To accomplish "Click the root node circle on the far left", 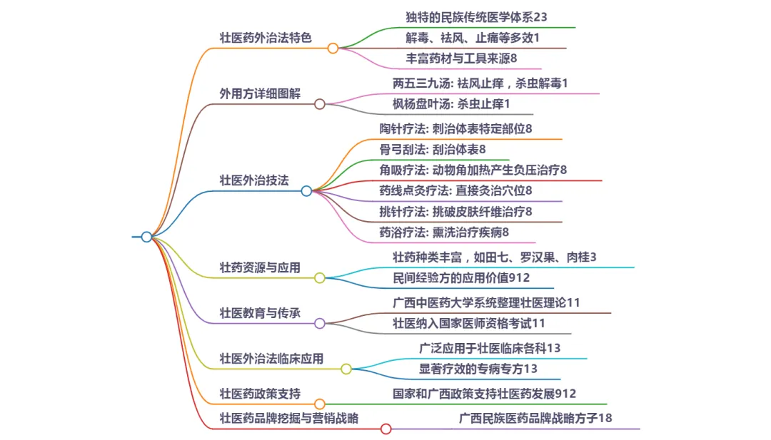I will tap(146, 237).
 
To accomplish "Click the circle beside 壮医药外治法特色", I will tap(333, 48).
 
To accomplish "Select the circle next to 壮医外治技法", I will tap(306, 191).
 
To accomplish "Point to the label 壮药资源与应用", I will tap(260, 267).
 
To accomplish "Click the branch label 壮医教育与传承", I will tap(260, 312).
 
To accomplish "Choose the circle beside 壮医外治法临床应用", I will tap(346, 369).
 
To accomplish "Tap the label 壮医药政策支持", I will tap(260, 394).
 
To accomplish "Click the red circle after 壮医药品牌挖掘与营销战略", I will tap(385, 429).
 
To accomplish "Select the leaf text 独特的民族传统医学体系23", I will tap(475, 16).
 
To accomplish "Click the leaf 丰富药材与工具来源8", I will tap(461, 58).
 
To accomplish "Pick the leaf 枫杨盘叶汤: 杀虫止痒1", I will tap(452, 104).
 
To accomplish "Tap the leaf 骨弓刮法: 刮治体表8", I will tap(433, 149).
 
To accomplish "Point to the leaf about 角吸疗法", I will tap(473, 170).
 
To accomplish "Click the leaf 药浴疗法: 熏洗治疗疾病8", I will tap(444, 232).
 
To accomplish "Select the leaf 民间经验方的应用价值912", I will tap(461, 277).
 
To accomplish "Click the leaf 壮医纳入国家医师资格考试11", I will tap(469, 323).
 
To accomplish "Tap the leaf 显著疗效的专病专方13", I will tap(478, 369).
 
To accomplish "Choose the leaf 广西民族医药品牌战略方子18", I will tap(535, 418).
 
